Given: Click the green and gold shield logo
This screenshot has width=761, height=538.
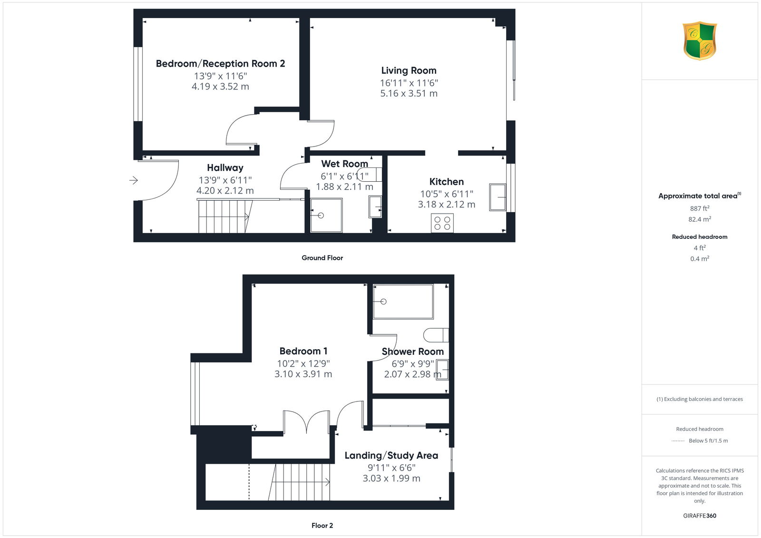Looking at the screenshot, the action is [x=700, y=41].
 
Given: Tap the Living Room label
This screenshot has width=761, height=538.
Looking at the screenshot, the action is [x=409, y=70].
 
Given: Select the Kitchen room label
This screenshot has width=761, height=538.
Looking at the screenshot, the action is [x=447, y=182].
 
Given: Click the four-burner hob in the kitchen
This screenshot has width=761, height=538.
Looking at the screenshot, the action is [x=442, y=223].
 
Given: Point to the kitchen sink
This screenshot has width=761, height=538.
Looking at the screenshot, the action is [x=498, y=197].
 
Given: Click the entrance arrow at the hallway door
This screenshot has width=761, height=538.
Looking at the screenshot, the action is [x=134, y=180].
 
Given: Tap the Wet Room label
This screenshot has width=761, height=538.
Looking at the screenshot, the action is [x=344, y=164].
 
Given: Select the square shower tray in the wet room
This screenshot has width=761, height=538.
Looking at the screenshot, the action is [x=326, y=215].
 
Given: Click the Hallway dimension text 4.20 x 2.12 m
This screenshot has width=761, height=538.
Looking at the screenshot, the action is [x=225, y=191].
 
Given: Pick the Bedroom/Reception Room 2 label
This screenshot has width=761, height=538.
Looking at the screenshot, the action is [x=220, y=64].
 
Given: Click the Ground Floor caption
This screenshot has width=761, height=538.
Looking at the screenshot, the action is [x=322, y=258].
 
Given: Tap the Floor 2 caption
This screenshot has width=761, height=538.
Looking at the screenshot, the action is [x=322, y=526].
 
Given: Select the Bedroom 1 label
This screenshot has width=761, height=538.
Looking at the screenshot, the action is [x=303, y=351].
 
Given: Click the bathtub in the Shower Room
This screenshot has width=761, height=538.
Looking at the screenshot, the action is [x=403, y=302].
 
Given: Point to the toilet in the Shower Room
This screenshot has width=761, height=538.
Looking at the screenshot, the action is [x=436, y=335].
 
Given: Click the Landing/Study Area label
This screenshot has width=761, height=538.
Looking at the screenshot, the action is [x=391, y=455].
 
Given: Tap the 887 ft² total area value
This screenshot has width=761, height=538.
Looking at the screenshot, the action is [x=700, y=208].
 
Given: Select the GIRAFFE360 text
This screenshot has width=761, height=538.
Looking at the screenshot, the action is [x=700, y=516].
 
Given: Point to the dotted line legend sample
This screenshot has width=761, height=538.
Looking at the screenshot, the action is [x=678, y=441].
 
